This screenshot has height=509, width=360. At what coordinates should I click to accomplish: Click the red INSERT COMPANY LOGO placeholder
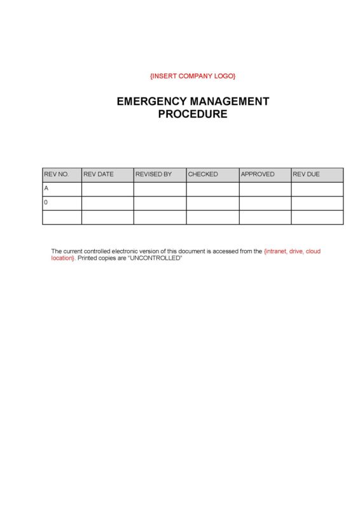click(193, 76)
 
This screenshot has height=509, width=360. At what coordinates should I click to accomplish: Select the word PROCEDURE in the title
click(193, 115)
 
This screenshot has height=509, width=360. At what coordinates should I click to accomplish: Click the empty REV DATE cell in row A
click(107, 189)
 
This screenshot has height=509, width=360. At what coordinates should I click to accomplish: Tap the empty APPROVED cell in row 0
click(265, 203)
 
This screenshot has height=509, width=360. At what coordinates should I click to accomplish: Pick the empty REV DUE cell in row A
click(317, 189)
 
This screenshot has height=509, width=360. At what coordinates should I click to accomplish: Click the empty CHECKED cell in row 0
click(212, 203)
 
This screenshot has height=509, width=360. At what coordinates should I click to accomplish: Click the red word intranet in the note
click(277, 251)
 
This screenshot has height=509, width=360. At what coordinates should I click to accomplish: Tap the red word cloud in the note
click(314, 251)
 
